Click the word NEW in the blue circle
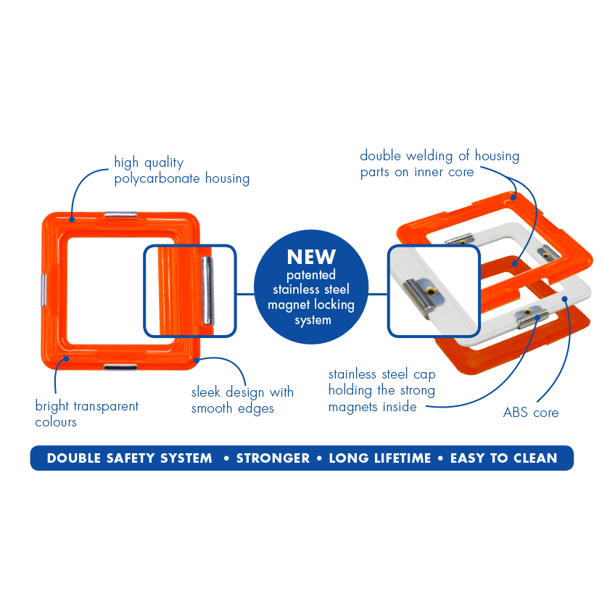point(311,257)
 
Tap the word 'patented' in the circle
point(311,275)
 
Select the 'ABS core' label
point(531,413)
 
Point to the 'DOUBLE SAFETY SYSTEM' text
point(129,458)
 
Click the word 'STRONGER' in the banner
point(273,458)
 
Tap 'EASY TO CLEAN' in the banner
point(503,458)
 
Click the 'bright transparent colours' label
point(86,413)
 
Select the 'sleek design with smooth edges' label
point(242,400)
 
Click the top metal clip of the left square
point(120,215)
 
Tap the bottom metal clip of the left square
point(120,368)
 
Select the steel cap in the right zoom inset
point(421,293)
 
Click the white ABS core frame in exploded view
point(573,290)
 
